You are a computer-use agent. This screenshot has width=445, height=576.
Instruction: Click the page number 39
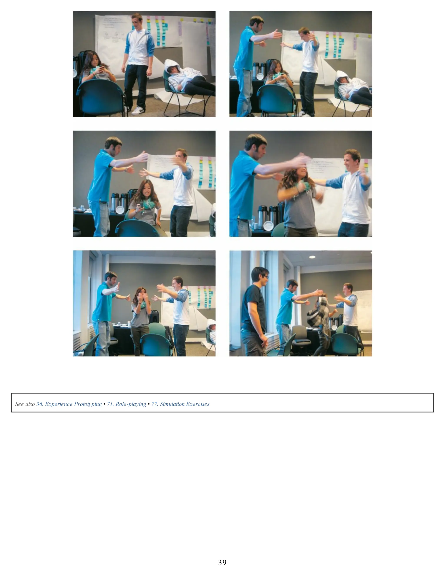[x=222, y=562]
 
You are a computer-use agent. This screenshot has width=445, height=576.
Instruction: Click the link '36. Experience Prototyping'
[x=69, y=404]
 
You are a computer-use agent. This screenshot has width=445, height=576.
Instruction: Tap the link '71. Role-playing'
[x=126, y=404]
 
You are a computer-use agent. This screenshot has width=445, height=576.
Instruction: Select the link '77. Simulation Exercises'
[x=180, y=404]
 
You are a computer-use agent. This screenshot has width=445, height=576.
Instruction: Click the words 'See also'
[x=25, y=404]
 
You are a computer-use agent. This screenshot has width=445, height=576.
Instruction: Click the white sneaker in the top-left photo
[x=138, y=110]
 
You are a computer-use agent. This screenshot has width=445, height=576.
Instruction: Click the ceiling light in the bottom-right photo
[x=312, y=257]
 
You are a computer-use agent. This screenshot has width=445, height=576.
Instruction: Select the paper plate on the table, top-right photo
[x=260, y=76]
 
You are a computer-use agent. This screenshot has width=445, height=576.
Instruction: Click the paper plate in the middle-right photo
[x=268, y=226]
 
